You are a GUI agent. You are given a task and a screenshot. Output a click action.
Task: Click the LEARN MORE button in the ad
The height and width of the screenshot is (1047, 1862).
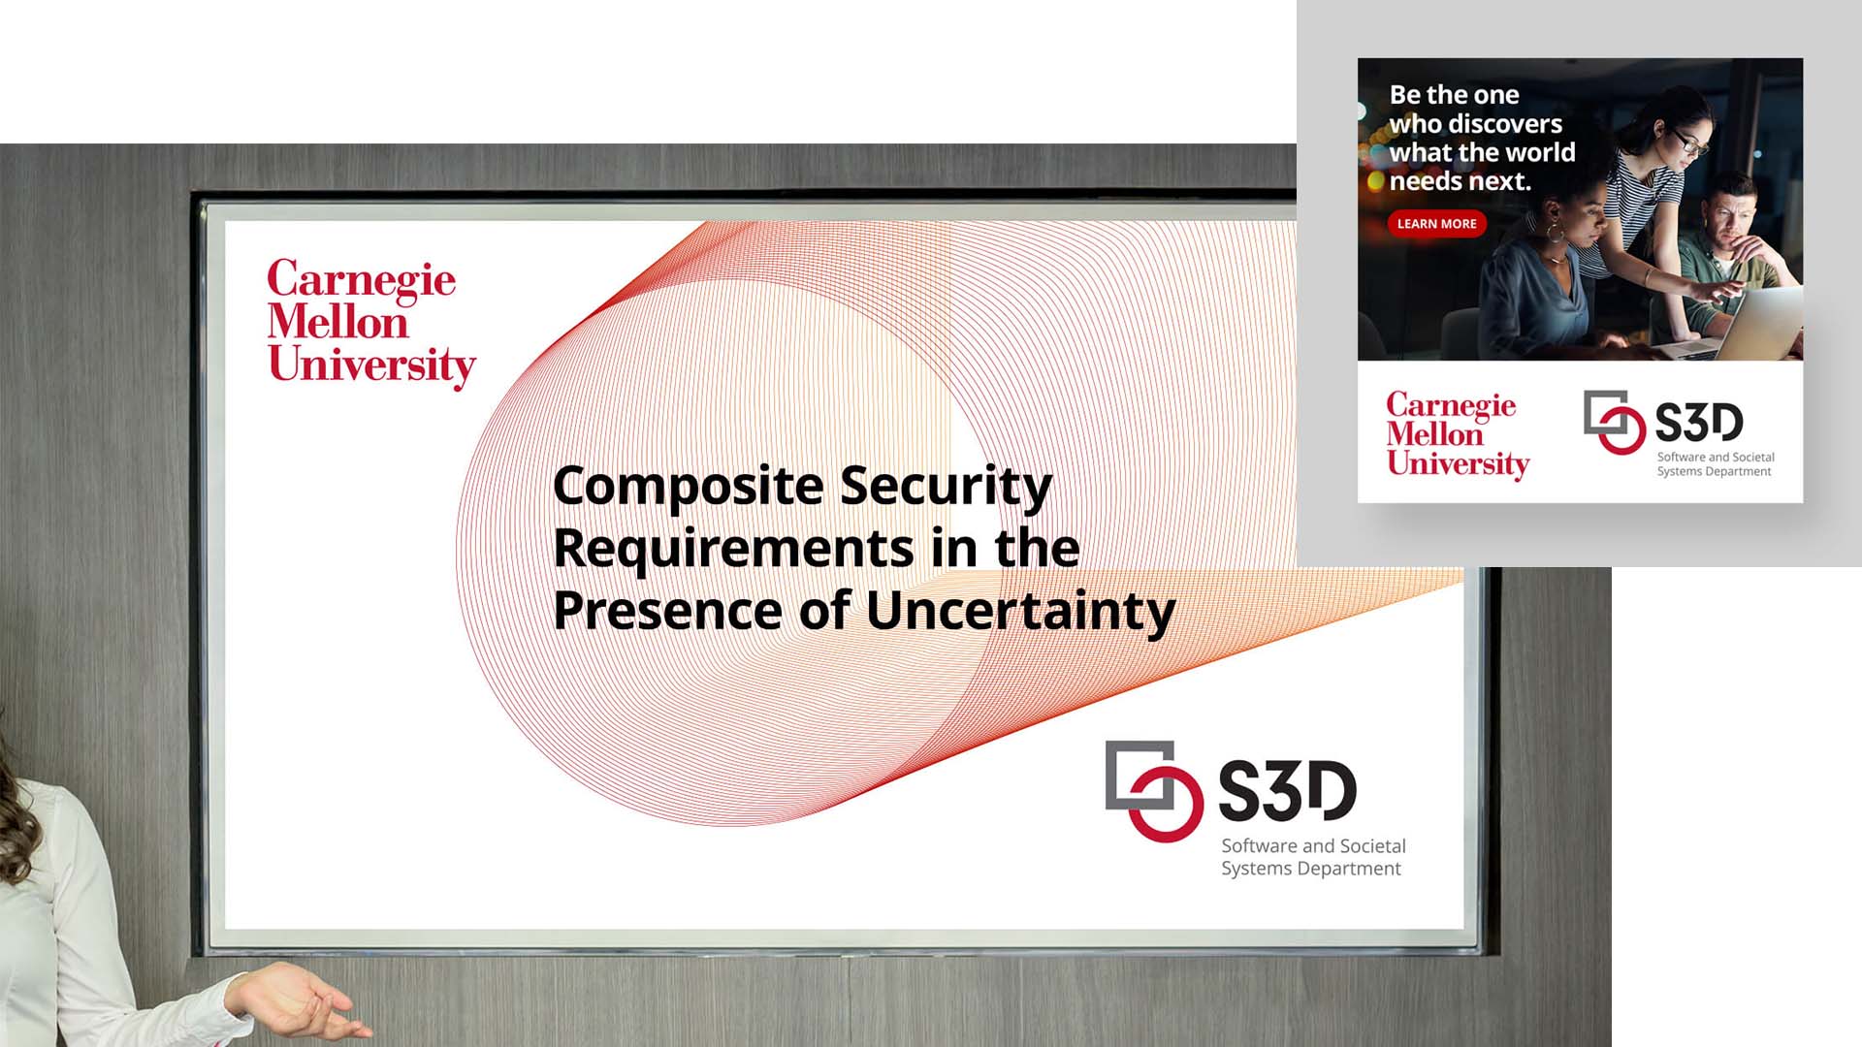[x=1436, y=224]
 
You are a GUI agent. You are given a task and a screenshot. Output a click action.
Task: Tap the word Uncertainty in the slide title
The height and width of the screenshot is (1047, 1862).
[x=1020, y=613]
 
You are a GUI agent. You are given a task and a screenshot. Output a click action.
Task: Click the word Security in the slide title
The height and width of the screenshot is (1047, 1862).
[x=946, y=488]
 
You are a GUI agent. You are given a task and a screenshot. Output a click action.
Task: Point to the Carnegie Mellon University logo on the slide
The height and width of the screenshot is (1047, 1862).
[x=371, y=323]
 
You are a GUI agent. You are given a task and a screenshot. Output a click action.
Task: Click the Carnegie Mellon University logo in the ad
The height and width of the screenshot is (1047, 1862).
[x=1458, y=434]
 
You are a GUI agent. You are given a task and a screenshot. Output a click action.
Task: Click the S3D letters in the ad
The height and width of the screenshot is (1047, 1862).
[x=1698, y=422]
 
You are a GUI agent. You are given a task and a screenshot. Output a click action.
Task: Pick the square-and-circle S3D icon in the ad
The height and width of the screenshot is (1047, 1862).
[x=1614, y=422]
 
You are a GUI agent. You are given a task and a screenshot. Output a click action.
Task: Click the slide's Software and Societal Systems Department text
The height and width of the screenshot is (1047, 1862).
[x=1313, y=857]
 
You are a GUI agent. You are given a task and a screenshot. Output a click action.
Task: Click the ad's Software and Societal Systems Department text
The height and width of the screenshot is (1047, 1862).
[x=1716, y=464]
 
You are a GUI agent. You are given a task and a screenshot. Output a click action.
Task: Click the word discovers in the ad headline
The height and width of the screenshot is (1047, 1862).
[x=1504, y=124]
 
